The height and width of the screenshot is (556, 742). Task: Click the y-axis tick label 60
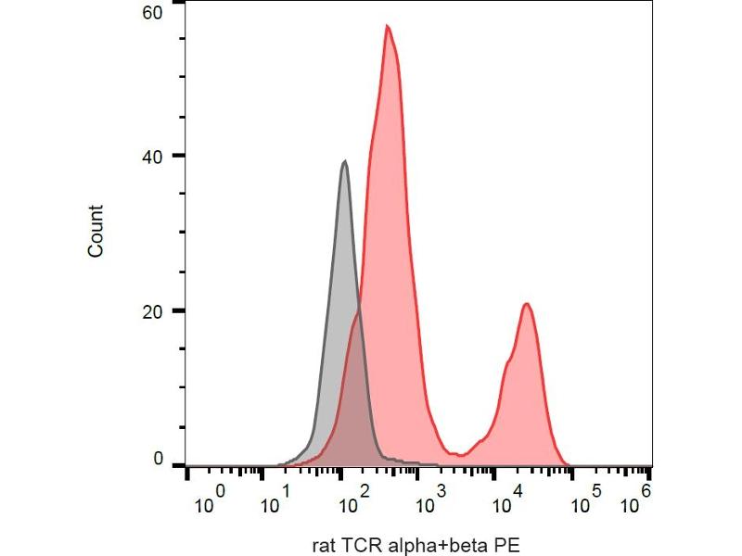coord(152,12)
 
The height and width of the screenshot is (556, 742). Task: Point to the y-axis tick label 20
coord(152,310)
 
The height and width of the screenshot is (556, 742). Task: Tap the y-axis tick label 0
coord(157,459)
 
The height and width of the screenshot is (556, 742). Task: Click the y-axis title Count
coord(96,231)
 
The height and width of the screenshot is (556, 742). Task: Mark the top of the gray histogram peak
coord(345,161)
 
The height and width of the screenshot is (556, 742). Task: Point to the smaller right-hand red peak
coord(526,304)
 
